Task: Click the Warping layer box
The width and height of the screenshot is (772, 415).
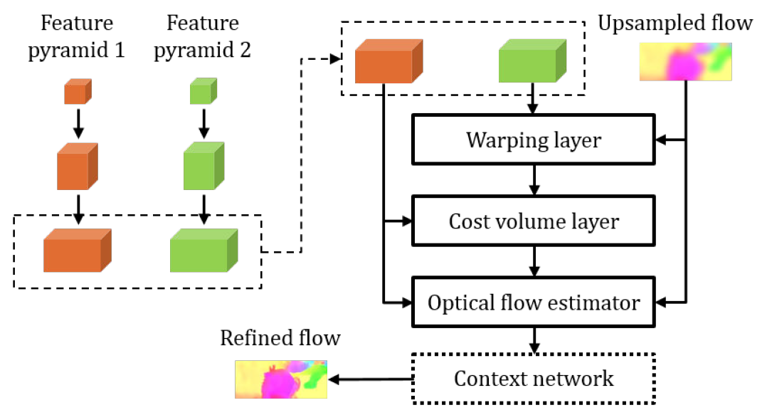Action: pyautogui.click(x=533, y=140)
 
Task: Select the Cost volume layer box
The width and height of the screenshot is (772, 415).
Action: pyautogui.click(x=533, y=221)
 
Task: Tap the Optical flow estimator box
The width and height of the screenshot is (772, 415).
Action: pyautogui.click(x=533, y=303)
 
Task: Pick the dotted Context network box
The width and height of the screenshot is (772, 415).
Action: pyautogui.click(x=533, y=377)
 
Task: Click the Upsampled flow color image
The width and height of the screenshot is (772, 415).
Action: pyautogui.click(x=685, y=61)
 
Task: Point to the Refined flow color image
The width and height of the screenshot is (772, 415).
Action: pyautogui.click(x=280, y=379)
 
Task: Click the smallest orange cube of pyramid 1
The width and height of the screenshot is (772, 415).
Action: pyautogui.click(x=78, y=92)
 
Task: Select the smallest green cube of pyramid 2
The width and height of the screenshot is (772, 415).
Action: pyautogui.click(x=203, y=92)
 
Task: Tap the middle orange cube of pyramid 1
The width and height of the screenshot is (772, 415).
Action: pyautogui.click(x=77, y=167)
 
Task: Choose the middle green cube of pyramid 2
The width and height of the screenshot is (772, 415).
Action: pyautogui.click(x=203, y=167)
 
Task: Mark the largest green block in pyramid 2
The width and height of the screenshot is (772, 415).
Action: pyautogui.click(x=203, y=250)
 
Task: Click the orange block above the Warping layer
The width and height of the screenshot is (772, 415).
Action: pyautogui.click(x=388, y=63)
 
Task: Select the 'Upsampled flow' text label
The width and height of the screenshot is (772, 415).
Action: pyautogui.click(x=675, y=23)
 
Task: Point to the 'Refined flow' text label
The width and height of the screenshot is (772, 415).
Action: pyautogui.click(x=280, y=338)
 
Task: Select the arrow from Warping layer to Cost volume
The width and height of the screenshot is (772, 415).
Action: pyautogui.click(x=533, y=181)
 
